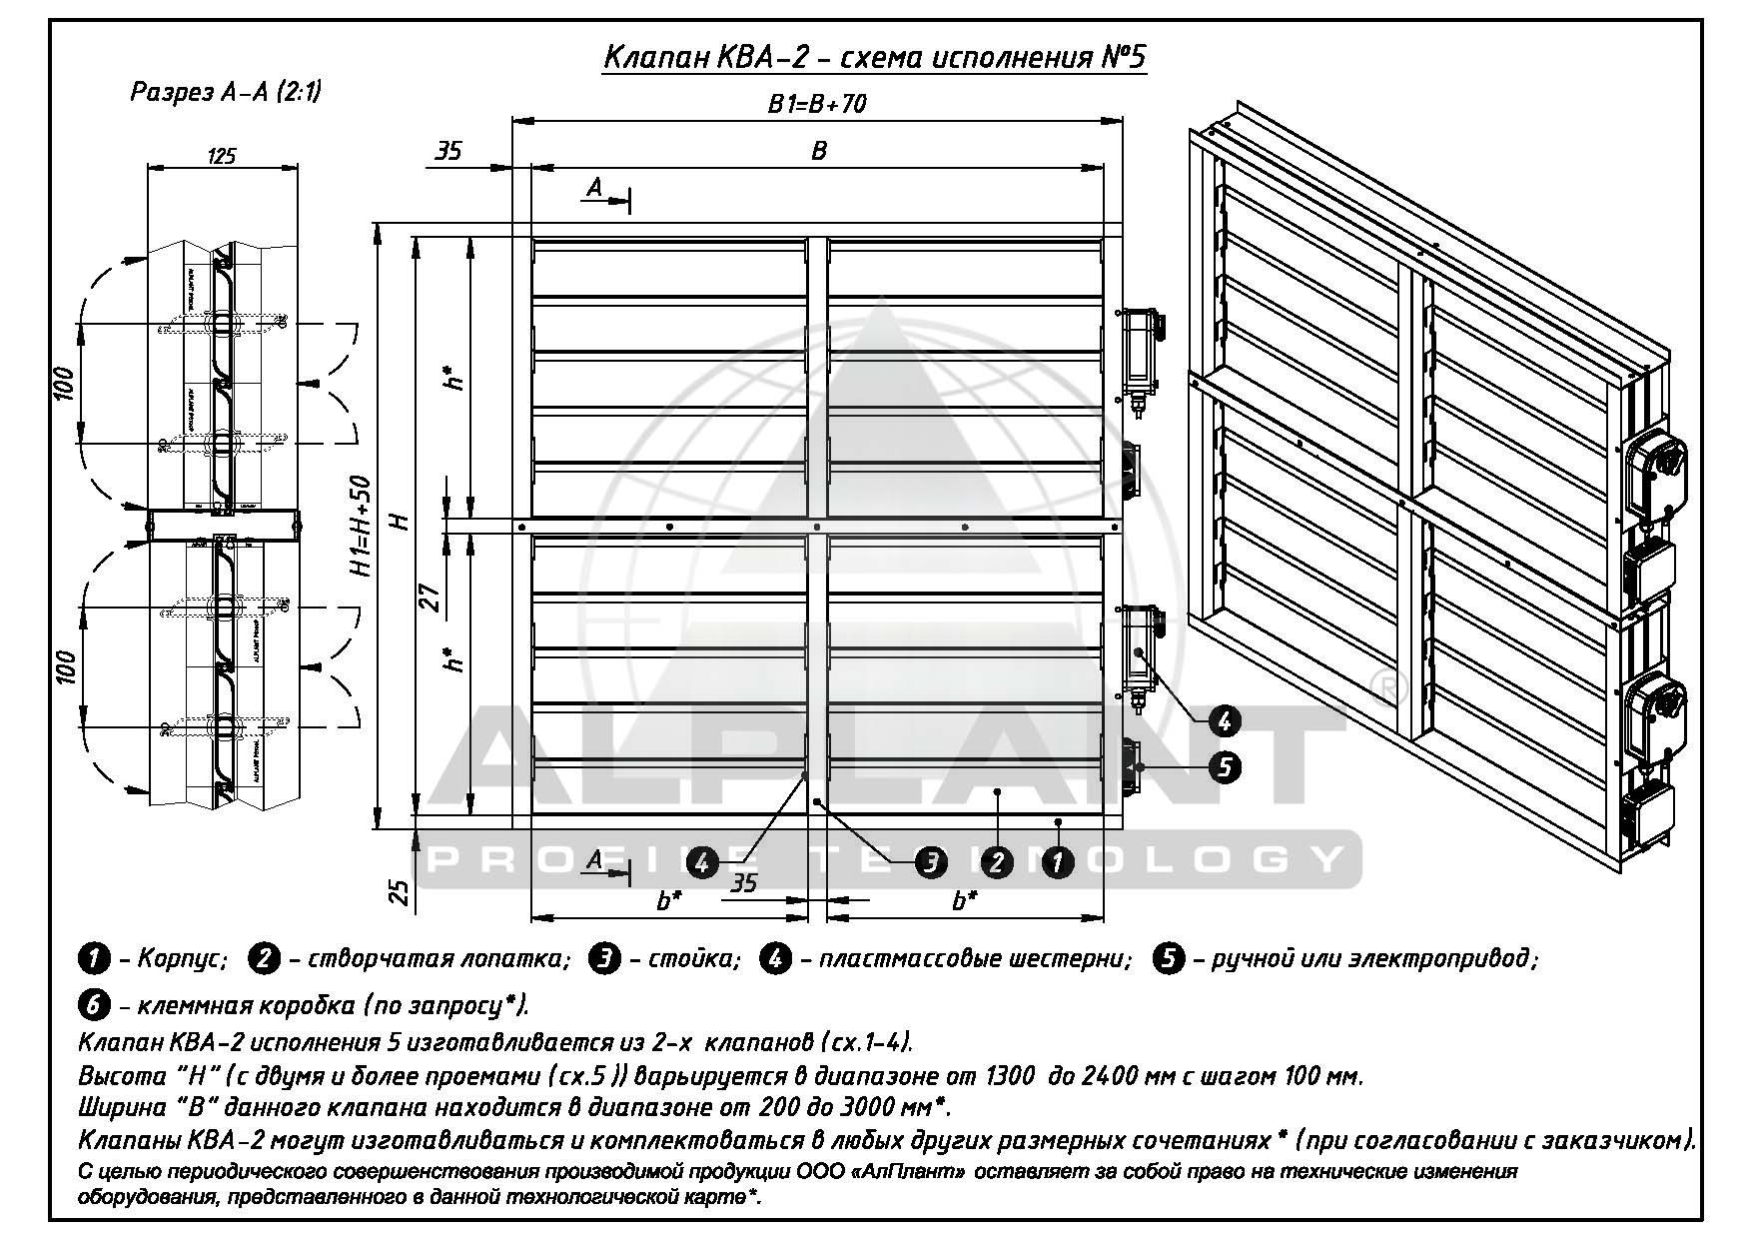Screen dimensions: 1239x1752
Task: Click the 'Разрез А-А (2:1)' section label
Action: pos(226,92)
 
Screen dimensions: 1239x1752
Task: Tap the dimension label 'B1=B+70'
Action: pos(817,104)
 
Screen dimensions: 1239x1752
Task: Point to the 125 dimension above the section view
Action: pos(221,155)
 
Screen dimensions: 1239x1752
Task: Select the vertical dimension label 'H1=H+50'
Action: pos(363,526)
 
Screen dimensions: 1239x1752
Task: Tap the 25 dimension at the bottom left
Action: pos(399,891)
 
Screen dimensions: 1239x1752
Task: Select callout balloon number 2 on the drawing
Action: pos(995,861)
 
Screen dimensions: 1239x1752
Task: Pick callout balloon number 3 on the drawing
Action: pos(931,861)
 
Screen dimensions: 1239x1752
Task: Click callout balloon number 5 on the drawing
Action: pos(1224,766)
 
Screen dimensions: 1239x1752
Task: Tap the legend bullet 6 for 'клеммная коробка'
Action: pos(93,1003)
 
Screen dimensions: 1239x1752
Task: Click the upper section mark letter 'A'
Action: pos(594,187)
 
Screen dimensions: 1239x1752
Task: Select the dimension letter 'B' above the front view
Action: pos(819,150)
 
